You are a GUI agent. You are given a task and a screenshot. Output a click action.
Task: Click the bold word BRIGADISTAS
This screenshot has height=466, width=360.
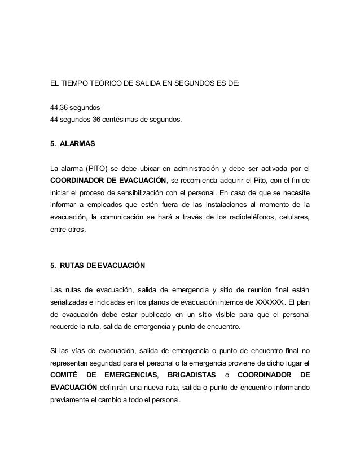(191, 375)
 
